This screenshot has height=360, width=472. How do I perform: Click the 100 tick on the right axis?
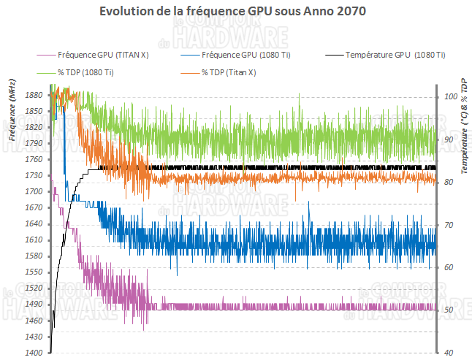(450, 96)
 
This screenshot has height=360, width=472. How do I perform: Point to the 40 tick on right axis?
(449, 353)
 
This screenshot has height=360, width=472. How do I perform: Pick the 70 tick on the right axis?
(449, 225)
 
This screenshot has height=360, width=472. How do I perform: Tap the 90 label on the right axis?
(449, 139)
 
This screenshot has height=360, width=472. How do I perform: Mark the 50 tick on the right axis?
(449, 310)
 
